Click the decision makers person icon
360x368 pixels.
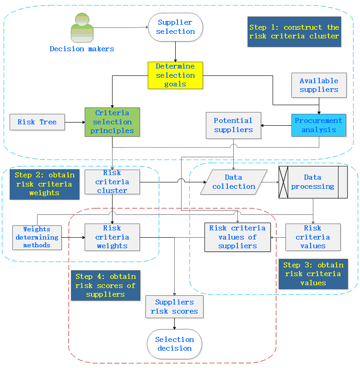(x=82, y=28)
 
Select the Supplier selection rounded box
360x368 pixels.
(x=175, y=27)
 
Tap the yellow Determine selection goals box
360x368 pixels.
(x=175, y=75)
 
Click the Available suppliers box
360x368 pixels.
(x=319, y=85)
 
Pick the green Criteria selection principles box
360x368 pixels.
(x=112, y=122)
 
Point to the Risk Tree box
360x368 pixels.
(x=37, y=122)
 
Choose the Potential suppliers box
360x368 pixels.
(x=233, y=125)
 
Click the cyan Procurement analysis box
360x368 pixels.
(x=318, y=125)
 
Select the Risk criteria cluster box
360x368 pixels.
(x=112, y=181)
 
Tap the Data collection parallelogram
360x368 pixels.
(x=234, y=181)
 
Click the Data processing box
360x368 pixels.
(x=313, y=181)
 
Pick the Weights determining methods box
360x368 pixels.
(x=37, y=237)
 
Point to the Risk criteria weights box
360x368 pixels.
(x=112, y=237)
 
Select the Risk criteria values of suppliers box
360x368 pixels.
(x=237, y=237)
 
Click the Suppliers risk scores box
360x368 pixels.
(x=174, y=307)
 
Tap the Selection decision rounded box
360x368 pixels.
(x=174, y=344)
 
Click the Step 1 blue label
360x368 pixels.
(x=294, y=32)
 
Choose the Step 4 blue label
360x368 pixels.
(x=106, y=285)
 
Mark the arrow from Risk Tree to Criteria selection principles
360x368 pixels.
(x=75, y=122)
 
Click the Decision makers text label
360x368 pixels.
(x=82, y=49)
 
